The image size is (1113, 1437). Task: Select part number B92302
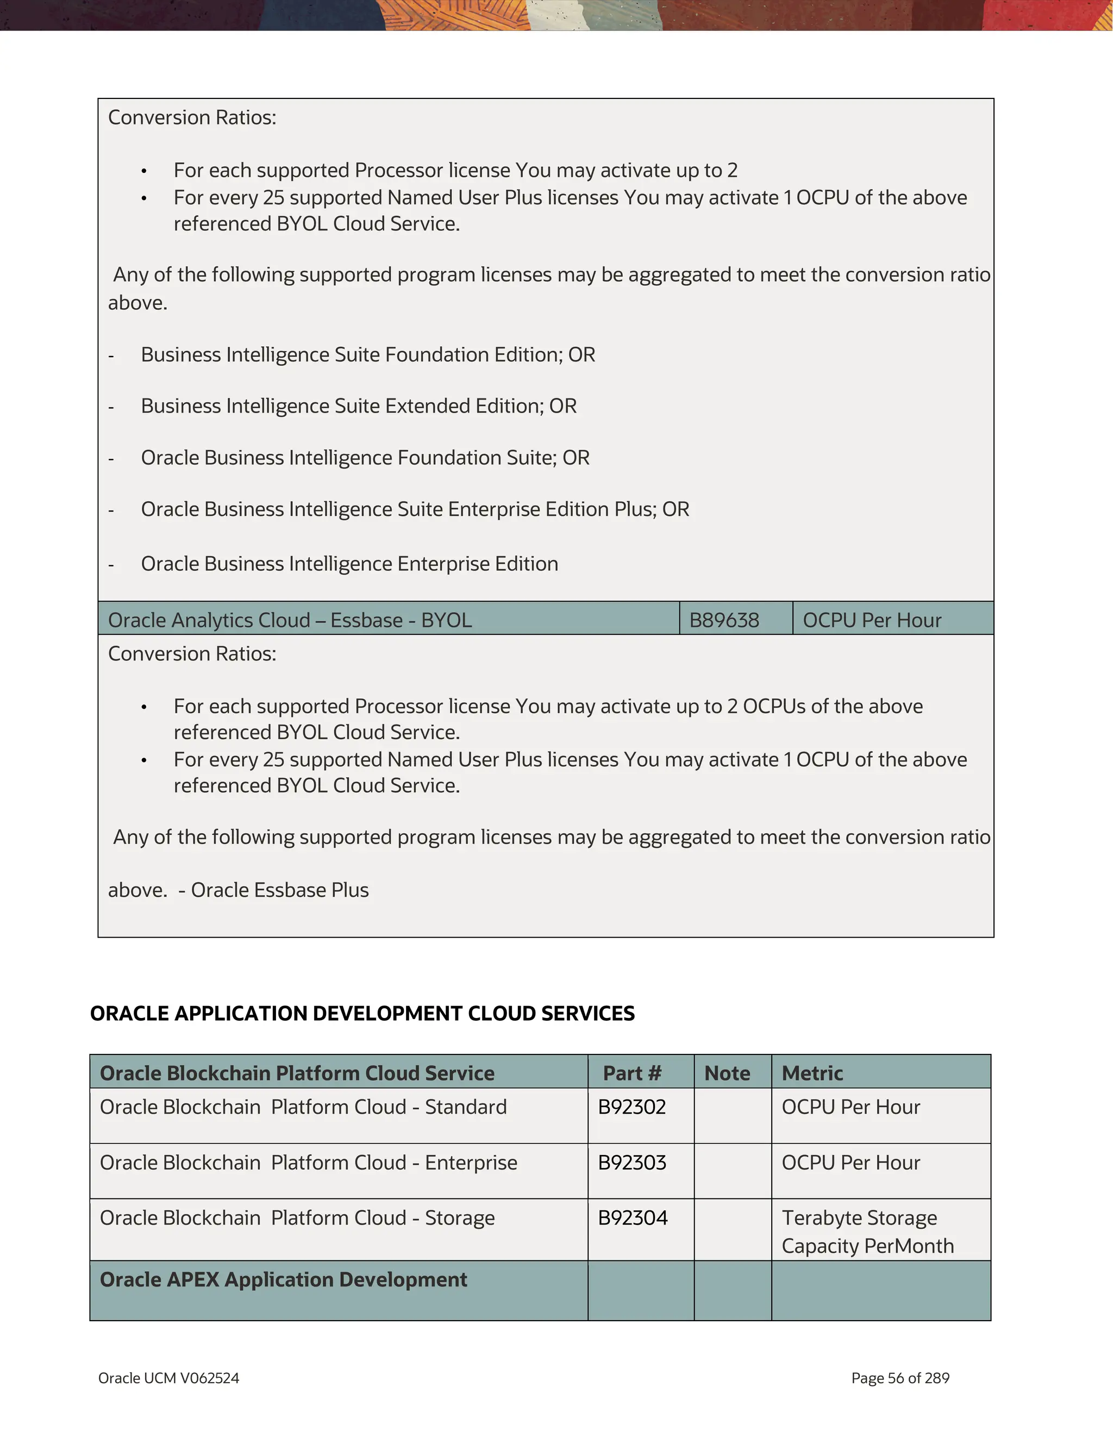(x=631, y=1107)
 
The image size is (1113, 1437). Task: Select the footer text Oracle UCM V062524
(x=168, y=1378)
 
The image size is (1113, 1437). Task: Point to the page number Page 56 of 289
(x=900, y=1378)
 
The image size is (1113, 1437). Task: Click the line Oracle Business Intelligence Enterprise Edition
(x=349, y=564)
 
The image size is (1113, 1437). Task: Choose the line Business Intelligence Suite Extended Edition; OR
(x=359, y=406)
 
